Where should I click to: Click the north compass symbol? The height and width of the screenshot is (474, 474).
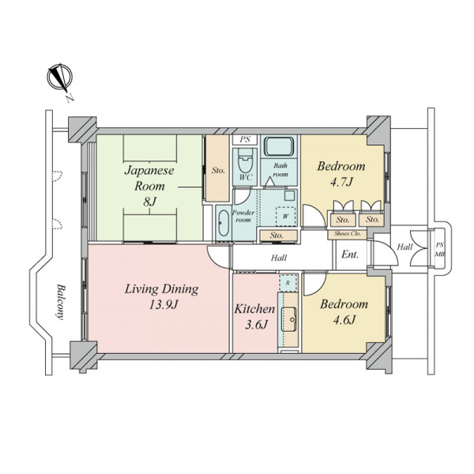(60, 77)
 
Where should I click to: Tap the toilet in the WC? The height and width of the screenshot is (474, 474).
(245, 160)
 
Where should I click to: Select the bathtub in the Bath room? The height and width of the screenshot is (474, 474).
(279, 147)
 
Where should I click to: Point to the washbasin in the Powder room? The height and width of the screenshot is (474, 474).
(224, 223)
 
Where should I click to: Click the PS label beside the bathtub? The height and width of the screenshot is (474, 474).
(245, 139)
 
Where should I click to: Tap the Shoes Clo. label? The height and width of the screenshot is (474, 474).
(347, 234)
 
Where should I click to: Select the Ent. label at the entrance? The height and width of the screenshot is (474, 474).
(350, 254)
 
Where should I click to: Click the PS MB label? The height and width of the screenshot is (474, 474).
(439, 250)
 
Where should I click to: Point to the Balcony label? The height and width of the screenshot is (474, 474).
(61, 302)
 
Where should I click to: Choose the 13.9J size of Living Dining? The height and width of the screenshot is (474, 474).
(163, 305)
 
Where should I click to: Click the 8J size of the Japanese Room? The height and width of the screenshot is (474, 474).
(149, 201)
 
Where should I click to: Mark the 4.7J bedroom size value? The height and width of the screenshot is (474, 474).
(341, 182)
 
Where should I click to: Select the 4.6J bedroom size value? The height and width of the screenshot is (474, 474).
(344, 320)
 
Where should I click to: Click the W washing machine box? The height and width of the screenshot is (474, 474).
(285, 216)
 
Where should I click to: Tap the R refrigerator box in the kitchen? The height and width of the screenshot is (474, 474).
(288, 284)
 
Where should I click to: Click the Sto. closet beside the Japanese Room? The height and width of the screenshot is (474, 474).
(217, 168)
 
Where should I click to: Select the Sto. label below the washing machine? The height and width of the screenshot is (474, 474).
(276, 235)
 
